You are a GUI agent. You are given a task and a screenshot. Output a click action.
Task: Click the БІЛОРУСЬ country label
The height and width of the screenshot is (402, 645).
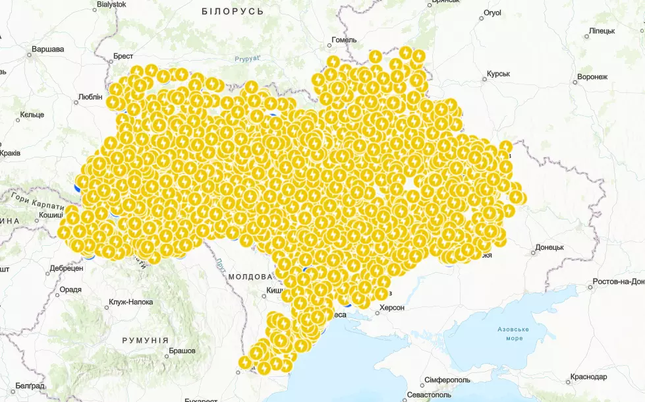[x=233, y=12]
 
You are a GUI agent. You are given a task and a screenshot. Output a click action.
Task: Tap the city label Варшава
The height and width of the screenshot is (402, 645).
[x=47, y=49]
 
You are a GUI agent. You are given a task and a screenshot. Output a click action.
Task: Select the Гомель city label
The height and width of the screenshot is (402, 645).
[x=344, y=40]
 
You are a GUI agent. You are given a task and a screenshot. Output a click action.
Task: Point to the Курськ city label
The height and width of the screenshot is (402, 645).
[x=498, y=74]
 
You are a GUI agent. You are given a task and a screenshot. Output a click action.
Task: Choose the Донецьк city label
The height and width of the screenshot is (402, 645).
[x=549, y=248]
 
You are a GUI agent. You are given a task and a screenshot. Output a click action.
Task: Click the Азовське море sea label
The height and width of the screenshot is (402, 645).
[x=515, y=333]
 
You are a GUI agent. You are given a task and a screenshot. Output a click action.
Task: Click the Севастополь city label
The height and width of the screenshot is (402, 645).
[x=429, y=394]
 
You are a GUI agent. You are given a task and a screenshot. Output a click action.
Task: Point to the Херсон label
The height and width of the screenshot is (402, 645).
[x=391, y=307]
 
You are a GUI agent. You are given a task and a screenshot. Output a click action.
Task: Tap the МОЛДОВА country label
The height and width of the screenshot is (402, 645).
[x=250, y=277]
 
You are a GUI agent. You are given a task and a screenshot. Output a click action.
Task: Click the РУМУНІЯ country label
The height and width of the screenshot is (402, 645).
[x=146, y=340]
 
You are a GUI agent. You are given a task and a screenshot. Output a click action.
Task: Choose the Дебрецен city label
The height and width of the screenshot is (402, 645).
[x=67, y=269]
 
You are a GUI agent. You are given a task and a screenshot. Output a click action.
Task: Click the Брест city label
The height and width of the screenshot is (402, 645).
[x=123, y=57]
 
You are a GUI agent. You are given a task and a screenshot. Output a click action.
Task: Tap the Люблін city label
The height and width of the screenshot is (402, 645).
[x=90, y=97]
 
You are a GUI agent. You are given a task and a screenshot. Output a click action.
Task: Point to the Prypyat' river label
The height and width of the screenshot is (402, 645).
[x=248, y=59]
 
